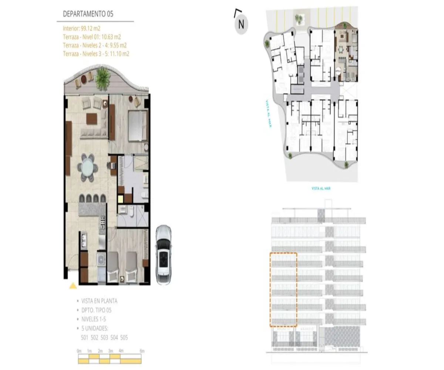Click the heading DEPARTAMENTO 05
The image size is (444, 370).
(x=88, y=14)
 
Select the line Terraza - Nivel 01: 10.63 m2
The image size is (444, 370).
(x=92, y=37)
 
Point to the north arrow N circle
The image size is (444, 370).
(x=241, y=24)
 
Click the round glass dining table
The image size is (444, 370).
(x=88, y=168)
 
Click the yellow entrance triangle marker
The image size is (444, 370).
(x=73, y=285)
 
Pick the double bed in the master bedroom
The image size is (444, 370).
(x=138, y=126)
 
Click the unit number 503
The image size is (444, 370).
(x=104, y=337)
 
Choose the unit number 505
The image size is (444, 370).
(x=124, y=337)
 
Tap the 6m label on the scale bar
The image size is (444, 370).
(x=142, y=350)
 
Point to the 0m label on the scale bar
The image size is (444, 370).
(x=79, y=350)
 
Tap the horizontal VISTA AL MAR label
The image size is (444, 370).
(x=321, y=188)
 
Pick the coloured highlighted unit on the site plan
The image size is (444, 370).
(x=346, y=52)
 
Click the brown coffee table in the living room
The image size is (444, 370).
(x=92, y=118)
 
